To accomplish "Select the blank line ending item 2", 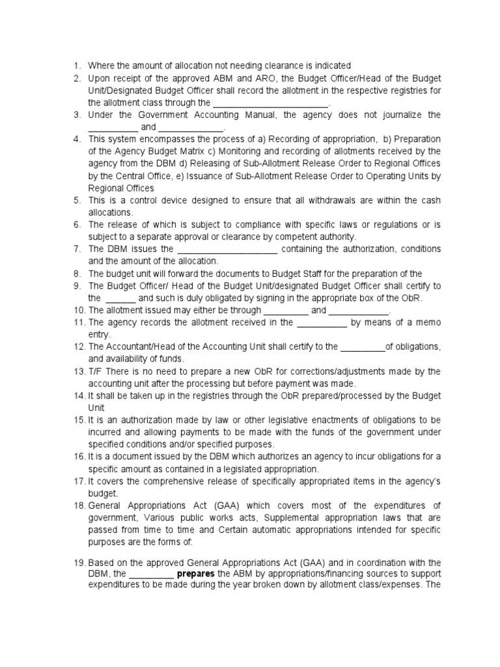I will tap(271, 103).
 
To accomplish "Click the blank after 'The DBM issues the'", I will tap(228, 249).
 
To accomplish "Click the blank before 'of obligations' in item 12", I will tap(363, 347).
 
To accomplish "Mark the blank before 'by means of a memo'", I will tap(322, 322).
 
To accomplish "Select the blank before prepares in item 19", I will tap(152, 574).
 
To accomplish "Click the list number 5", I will tap(76, 201).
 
